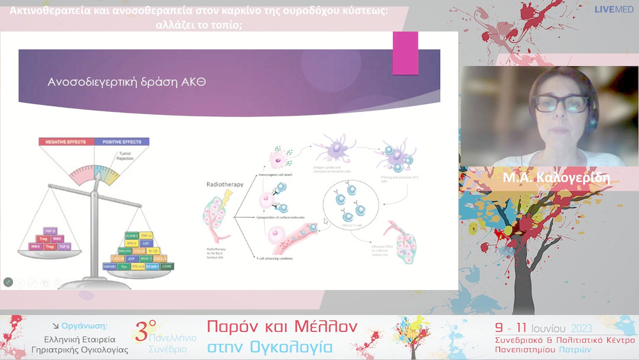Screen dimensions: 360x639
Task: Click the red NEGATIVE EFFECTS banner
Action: [x=66, y=142]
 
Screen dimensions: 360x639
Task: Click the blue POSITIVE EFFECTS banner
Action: [x=122, y=142]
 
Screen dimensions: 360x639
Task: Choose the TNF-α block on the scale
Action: [x=146, y=235]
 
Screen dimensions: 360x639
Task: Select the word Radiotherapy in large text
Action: [x=224, y=184]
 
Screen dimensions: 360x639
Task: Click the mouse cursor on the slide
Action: [x=325, y=221]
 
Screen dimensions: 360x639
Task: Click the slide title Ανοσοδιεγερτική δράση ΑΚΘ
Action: [x=127, y=82]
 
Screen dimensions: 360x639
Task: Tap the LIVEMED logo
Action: [x=614, y=9]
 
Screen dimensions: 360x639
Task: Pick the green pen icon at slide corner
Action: [x=8, y=282]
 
